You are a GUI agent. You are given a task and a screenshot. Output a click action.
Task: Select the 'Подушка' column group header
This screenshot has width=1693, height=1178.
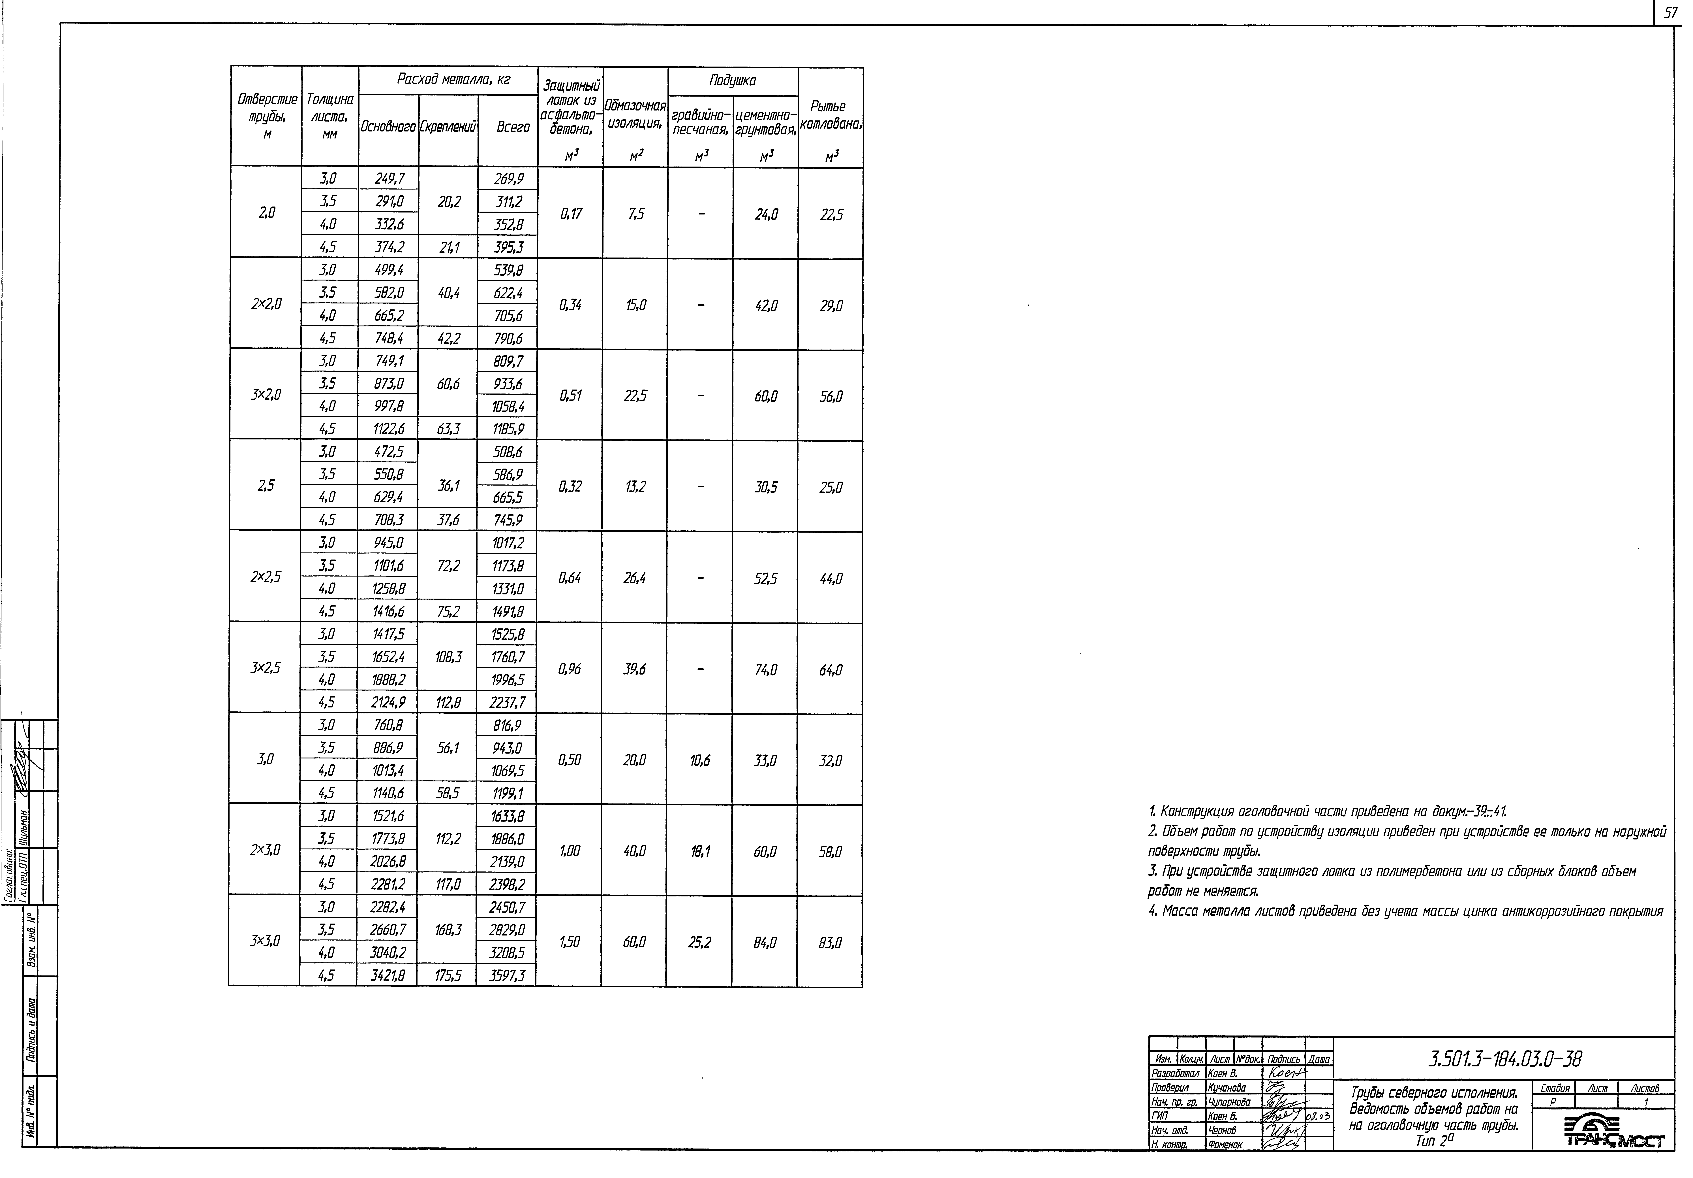pyautogui.click(x=732, y=80)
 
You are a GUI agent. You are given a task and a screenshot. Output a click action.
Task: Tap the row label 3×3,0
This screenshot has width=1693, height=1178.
pyautogui.click(x=265, y=941)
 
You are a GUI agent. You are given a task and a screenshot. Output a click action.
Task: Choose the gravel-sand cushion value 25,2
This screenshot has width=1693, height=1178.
pyautogui.click(x=699, y=942)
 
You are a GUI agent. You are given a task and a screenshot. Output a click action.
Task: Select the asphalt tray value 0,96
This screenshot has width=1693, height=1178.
pyautogui.click(x=569, y=669)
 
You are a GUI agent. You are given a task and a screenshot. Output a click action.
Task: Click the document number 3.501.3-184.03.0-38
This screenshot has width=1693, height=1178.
pyautogui.click(x=1504, y=1059)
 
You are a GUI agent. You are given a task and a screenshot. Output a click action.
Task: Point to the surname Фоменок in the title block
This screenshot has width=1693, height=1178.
pyautogui.click(x=1225, y=1144)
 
